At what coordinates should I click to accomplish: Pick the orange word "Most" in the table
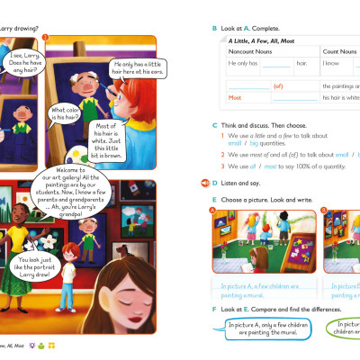[235, 97]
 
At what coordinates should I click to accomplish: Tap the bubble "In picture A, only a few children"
[266, 330]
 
